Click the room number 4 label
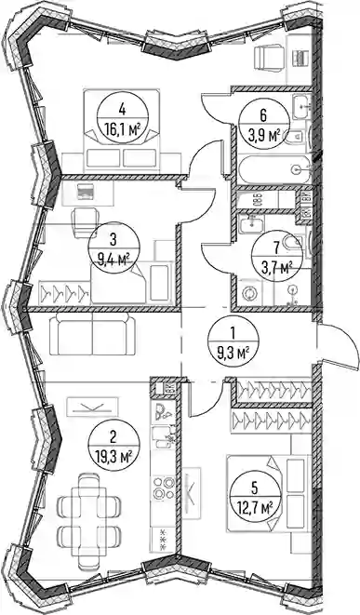[x=123, y=109]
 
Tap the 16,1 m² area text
[x=123, y=128]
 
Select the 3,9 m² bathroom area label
[x=264, y=136]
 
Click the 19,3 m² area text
[x=113, y=456]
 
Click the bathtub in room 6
[x=275, y=170]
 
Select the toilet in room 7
[x=293, y=244]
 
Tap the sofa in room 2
[x=92, y=335]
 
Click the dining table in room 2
[x=89, y=521]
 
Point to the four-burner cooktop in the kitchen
[x=164, y=488]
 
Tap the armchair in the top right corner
[x=269, y=57]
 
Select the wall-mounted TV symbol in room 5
[x=192, y=492]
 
